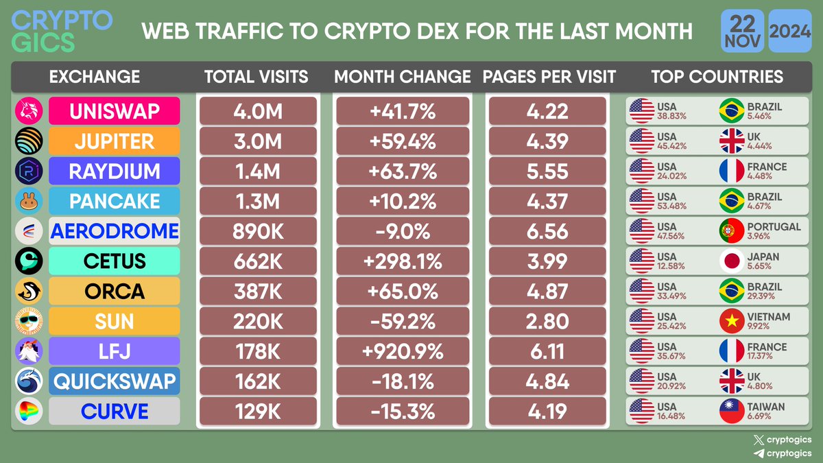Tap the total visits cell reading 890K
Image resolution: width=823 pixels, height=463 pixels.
coord(258,231)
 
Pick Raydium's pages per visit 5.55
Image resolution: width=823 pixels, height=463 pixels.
coord(547,171)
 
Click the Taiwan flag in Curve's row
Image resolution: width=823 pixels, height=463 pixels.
coord(731,412)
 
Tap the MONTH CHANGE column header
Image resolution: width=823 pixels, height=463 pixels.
coord(403,77)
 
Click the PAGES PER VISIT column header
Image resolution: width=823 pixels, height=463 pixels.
coord(549,77)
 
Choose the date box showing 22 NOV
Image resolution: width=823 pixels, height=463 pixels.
coord(739,32)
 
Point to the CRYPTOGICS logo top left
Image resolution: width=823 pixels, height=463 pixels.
coord(62,31)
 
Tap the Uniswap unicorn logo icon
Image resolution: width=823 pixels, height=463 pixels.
coord(29,111)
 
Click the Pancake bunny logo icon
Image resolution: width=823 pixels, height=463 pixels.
coord(29,201)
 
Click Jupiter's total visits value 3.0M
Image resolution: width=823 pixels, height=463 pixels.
coord(258,141)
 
